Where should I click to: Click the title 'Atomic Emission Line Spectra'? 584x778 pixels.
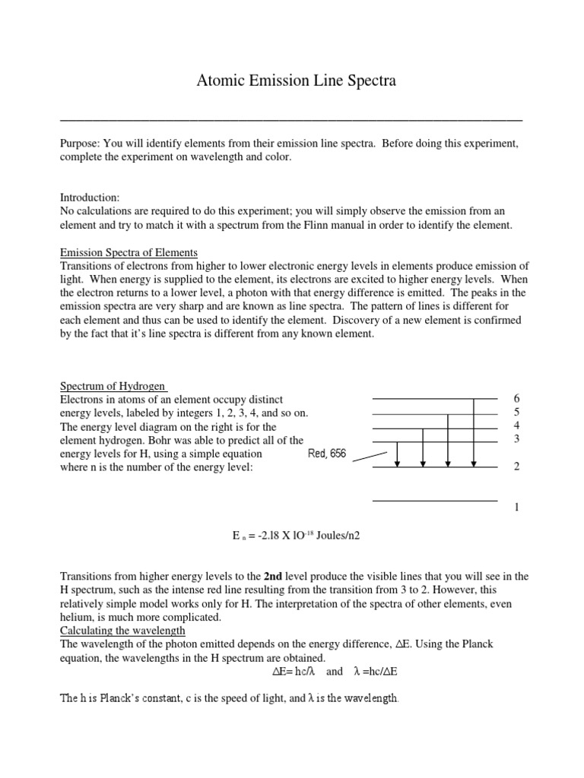(292, 81)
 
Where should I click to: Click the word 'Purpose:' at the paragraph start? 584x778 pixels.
(81, 144)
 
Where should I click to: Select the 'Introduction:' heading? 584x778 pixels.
(90, 197)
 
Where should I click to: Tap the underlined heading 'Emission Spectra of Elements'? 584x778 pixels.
(129, 252)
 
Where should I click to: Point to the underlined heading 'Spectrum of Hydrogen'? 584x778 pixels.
(113, 386)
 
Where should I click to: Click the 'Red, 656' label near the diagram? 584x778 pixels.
(326, 454)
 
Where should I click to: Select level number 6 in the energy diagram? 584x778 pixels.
(516, 399)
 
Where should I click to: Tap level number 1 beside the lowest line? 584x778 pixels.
(516, 508)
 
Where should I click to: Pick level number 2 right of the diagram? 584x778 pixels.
(516, 466)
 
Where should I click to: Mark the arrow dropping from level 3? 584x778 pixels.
(397, 454)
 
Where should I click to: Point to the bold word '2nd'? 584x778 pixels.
(275, 576)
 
